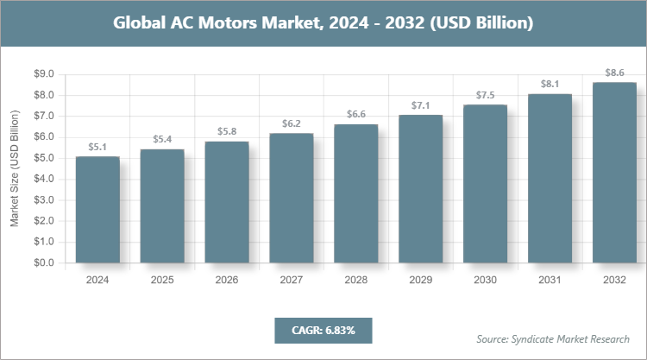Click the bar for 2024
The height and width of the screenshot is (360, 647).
coord(97,209)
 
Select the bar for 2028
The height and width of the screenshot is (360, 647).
coord(356,193)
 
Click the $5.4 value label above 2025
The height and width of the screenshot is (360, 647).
coord(162,139)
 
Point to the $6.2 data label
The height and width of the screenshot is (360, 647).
coord(292,123)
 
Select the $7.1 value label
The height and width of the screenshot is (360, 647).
coord(421,104)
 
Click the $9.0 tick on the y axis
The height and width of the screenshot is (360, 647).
coord(42,74)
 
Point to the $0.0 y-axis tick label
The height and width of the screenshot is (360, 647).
coord(42,262)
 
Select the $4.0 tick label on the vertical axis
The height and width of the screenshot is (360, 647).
coord(42,179)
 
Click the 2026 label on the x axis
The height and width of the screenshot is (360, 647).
coord(227,281)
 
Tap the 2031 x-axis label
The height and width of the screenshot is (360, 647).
coord(550,281)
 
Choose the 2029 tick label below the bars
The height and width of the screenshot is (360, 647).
coord(421,281)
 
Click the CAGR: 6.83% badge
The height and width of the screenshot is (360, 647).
coord(323,330)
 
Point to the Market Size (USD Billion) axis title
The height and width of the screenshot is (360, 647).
coord(15,168)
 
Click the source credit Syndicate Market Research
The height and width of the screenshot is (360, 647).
coord(553,338)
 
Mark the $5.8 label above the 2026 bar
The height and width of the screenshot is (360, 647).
coord(227,131)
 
